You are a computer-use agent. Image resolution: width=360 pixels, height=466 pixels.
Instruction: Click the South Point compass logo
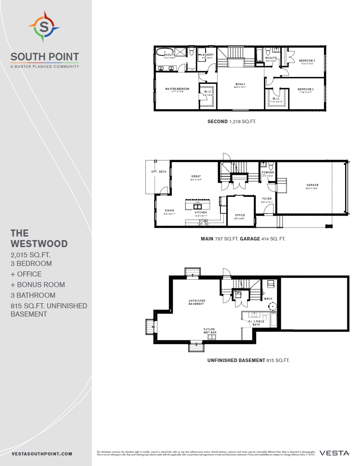(x=44, y=27)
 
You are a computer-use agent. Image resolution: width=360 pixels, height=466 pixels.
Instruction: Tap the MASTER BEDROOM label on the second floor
(x=177, y=89)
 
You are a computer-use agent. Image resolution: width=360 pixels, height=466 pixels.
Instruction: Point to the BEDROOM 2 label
(x=307, y=60)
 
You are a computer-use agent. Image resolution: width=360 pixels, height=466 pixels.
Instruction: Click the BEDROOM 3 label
(x=305, y=89)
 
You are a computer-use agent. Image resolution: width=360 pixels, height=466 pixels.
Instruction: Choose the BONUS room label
(x=240, y=84)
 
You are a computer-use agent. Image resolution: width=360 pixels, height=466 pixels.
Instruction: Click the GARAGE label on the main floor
(x=313, y=185)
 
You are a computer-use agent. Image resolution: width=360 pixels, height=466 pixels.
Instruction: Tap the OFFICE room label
(x=240, y=215)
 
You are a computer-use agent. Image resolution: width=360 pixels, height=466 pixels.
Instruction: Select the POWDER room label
(x=268, y=173)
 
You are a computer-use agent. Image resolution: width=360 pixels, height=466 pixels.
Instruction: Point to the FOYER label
(x=267, y=199)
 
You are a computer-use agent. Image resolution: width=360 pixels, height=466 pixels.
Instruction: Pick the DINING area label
(x=169, y=211)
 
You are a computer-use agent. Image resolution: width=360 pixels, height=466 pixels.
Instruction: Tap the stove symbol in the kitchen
(x=204, y=222)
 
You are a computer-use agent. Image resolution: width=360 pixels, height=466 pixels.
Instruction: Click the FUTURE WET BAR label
(x=209, y=331)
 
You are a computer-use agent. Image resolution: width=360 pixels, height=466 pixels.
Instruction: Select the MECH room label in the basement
(x=268, y=299)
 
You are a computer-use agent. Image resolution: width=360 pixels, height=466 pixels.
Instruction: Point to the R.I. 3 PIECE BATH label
(x=257, y=323)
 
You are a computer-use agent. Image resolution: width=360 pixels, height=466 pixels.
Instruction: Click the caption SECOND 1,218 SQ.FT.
(x=232, y=122)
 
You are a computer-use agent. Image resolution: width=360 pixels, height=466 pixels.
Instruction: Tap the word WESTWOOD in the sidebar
(x=39, y=244)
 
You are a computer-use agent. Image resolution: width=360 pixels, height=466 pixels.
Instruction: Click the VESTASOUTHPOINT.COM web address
(x=42, y=453)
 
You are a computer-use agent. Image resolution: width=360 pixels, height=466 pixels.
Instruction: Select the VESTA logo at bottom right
(x=335, y=453)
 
